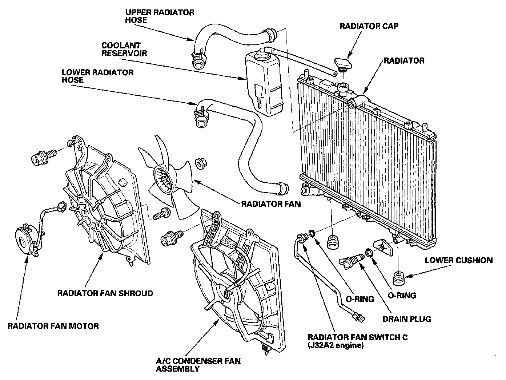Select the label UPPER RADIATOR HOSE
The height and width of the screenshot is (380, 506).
click(x=160, y=16)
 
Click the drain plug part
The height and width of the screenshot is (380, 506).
click(x=350, y=260)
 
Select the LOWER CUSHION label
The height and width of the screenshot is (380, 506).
click(x=459, y=260)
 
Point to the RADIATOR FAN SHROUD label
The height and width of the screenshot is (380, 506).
click(x=105, y=293)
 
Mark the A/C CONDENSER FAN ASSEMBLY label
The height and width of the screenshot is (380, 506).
click(x=198, y=365)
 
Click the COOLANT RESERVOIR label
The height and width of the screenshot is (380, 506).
click(x=124, y=49)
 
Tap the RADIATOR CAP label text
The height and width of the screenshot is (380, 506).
click(x=369, y=26)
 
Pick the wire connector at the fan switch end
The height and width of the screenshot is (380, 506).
click(x=359, y=318)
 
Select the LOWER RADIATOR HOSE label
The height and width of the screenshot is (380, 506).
click(x=98, y=76)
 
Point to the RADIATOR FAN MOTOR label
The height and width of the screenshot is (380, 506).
click(x=53, y=325)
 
